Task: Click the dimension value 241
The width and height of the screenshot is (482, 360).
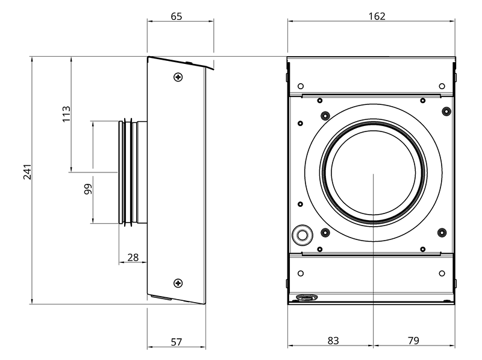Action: (27, 172)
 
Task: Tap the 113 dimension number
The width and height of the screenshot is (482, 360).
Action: (66, 114)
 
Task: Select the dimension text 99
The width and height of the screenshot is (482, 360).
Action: (88, 189)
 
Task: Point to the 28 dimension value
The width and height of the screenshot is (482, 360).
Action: (133, 257)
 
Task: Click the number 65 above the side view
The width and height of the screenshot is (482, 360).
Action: (177, 16)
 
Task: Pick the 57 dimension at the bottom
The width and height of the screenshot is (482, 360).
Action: (177, 342)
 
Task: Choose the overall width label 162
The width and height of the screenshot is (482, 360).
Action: (377, 16)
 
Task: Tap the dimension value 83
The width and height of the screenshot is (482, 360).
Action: (333, 341)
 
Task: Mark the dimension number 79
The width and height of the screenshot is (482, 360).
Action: (413, 341)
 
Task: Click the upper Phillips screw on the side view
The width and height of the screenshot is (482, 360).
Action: (178, 77)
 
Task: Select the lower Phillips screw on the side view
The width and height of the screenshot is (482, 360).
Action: (178, 283)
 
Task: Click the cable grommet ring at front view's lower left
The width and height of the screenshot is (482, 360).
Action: (302, 235)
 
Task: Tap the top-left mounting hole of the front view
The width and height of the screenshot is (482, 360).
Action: (301, 86)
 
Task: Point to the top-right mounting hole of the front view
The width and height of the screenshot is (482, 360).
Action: (442, 86)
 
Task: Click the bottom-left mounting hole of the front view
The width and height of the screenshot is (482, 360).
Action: (301, 273)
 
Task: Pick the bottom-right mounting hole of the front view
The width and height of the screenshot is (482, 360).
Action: (442, 273)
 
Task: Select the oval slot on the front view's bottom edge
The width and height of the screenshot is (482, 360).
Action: (307, 297)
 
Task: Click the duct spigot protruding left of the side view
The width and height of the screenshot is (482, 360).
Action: (133, 172)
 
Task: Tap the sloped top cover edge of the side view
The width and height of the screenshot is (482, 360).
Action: (180, 63)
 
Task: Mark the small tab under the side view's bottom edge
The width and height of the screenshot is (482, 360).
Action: (161, 297)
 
